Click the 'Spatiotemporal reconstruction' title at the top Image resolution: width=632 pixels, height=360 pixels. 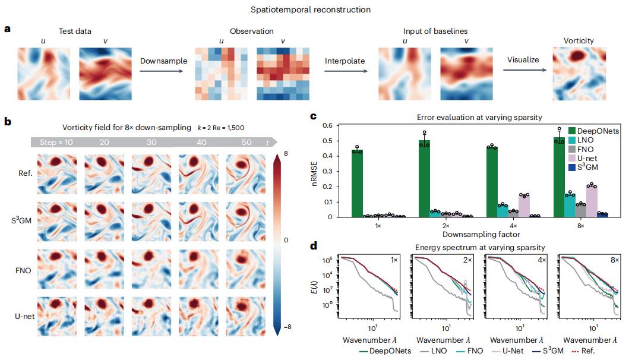(315, 10)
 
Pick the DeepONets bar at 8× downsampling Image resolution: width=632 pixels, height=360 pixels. (558, 177)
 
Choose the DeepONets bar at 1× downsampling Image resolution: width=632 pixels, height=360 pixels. (357, 184)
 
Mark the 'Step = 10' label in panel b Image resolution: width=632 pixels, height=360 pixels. (55, 143)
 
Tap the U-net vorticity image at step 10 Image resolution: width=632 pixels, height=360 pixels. (56, 317)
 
